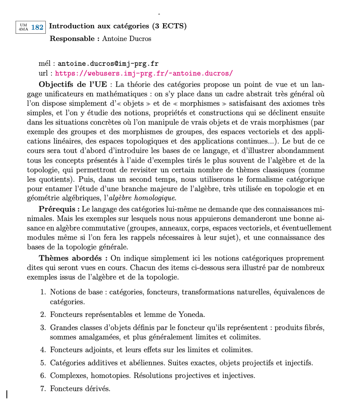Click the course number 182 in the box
click(x=37, y=27)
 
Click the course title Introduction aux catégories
click(x=99, y=27)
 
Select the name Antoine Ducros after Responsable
click(x=127, y=39)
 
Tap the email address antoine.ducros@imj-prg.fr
click(x=108, y=64)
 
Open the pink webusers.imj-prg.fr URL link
click(x=143, y=73)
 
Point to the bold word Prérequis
click(x=59, y=209)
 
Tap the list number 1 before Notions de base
click(x=43, y=292)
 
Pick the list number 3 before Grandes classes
click(x=43, y=327)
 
